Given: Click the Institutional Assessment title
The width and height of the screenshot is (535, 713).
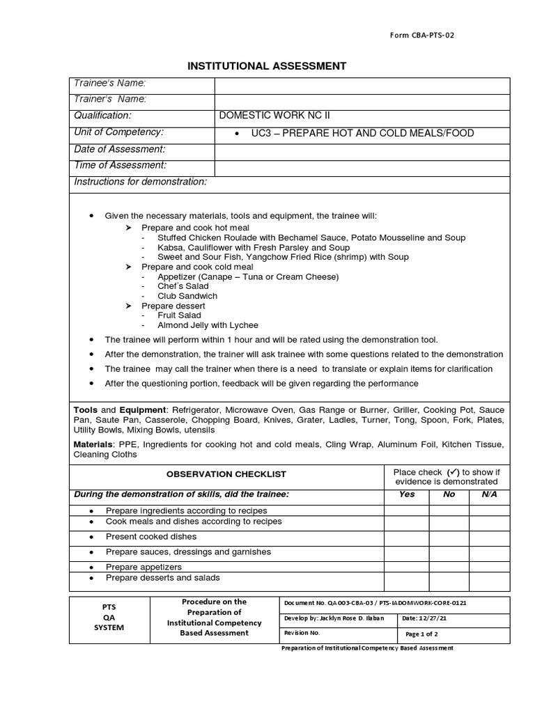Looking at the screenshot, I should (x=267, y=66).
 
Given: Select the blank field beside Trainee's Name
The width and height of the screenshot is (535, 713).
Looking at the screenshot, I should (x=362, y=84).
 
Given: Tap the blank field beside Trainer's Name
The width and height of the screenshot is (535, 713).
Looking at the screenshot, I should (x=362, y=100).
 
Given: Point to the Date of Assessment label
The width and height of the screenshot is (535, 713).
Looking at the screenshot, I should (x=120, y=149).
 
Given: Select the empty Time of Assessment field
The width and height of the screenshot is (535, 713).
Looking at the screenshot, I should (x=362, y=166).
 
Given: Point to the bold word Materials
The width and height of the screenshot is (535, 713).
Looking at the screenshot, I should (x=92, y=444).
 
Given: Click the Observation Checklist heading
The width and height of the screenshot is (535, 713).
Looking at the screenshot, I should (x=226, y=474).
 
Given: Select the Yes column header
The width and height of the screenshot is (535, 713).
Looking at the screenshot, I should (x=407, y=494).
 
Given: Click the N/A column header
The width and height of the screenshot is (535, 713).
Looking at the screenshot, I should (x=490, y=494).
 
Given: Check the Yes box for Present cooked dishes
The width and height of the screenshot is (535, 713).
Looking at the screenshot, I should (x=407, y=537).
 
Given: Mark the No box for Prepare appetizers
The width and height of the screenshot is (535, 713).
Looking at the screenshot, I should (x=449, y=567).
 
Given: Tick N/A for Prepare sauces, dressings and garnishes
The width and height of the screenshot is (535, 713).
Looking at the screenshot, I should (x=490, y=552).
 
